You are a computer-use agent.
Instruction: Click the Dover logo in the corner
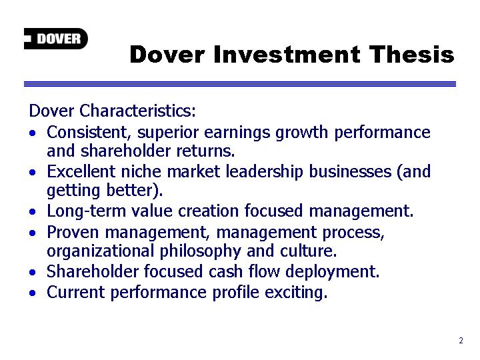tap(56, 39)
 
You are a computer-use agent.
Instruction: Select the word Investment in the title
tap(287, 54)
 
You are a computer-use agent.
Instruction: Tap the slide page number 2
tap(461, 341)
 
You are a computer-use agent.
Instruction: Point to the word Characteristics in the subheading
tap(137, 111)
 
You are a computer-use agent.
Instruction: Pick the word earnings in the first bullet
tap(237, 133)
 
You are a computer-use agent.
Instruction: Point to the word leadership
tap(264, 172)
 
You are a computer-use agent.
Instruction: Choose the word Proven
tap(73, 233)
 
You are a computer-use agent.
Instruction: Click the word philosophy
tap(200, 251)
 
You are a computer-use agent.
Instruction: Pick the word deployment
tap(333, 272)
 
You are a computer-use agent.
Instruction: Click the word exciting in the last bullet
tap(296, 293)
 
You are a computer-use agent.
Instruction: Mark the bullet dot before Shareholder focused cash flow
tap(33, 272)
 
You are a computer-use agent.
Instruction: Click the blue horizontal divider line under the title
tap(240, 84)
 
